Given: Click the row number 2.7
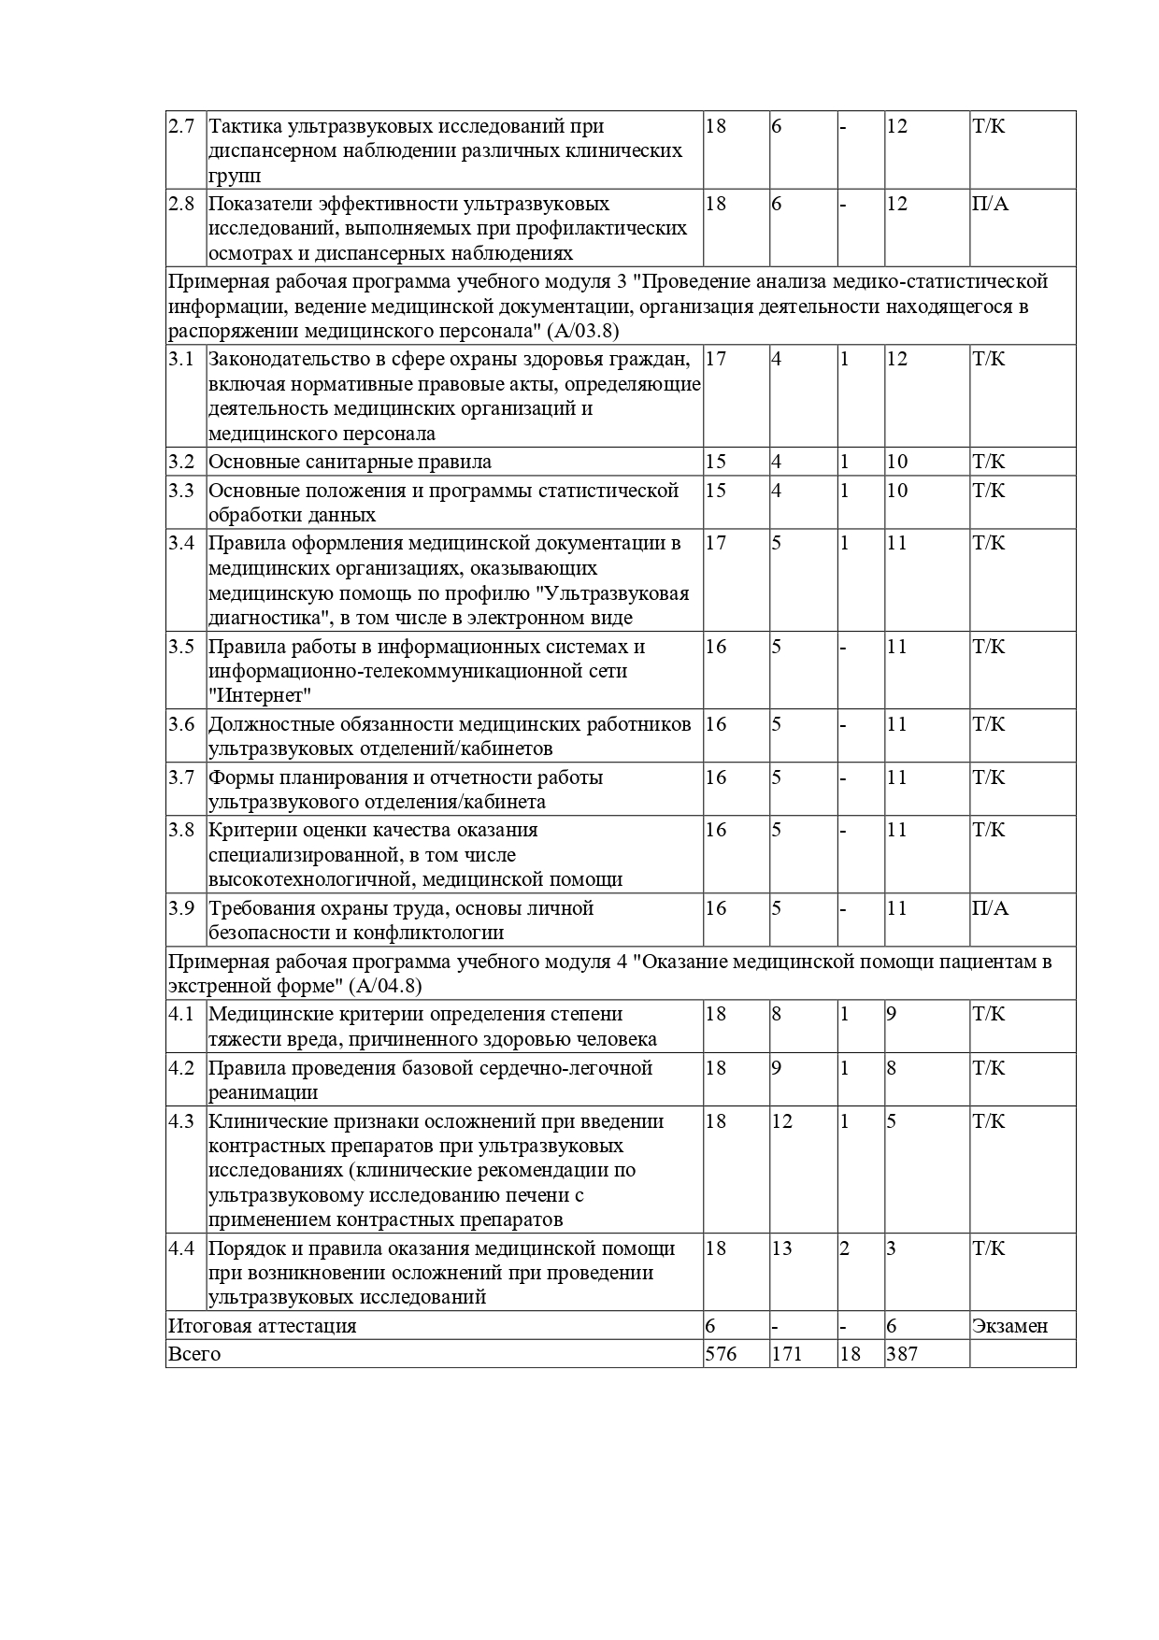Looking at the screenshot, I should (180, 126).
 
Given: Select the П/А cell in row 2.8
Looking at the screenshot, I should (990, 204).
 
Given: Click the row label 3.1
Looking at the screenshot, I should (180, 359).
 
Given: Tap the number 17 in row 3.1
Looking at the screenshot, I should (715, 359).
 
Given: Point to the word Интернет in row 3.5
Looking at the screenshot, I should (260, 696).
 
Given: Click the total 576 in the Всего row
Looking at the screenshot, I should (721, 1354).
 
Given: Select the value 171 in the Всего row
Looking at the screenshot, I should (787, 1354).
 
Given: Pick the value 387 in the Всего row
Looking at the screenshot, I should (902, 1354).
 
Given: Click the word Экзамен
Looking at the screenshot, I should (1009, 1326).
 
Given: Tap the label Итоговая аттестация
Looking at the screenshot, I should (263, 1326).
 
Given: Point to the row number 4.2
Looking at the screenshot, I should (180, 1068).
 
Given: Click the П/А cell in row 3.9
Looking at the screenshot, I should (990, 908).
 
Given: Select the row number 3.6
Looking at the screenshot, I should (180, 724).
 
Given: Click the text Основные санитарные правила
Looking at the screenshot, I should (350, 462).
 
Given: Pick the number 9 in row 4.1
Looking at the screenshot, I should (892, 1015).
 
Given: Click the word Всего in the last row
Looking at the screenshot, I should (194, 1354).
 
